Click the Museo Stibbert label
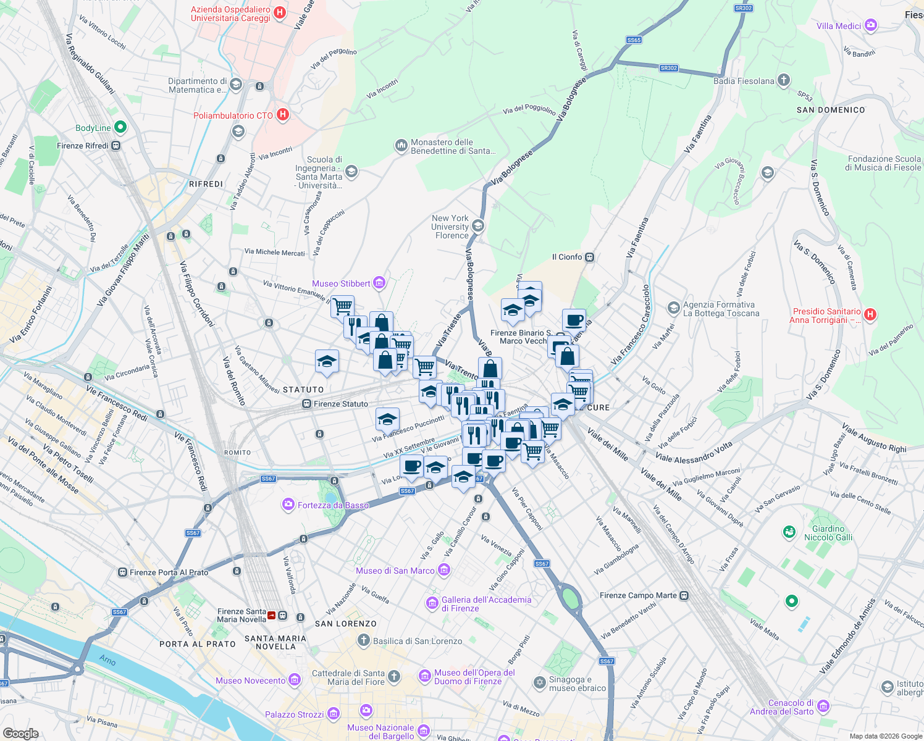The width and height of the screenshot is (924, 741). tap(341, 283)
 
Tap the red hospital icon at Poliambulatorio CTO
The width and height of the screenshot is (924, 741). tap(283, 115)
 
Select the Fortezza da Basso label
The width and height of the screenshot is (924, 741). tap(333, 505)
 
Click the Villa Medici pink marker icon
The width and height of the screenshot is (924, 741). tap(871, 25)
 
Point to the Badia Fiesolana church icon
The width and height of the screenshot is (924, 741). tap(784, 80)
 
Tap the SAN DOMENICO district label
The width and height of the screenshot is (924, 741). tap(831, 110)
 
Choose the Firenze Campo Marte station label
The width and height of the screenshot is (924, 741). tap(638, 595)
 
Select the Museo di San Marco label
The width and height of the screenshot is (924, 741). tap(395, 571)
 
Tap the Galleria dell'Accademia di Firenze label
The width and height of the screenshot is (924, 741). tap(486, 604)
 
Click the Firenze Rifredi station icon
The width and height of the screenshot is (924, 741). tap(116, 146)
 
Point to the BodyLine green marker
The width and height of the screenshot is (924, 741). tap(120, 127)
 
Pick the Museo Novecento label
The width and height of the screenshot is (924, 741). tap(250, 680)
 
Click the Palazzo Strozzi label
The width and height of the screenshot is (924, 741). tap(294, 714)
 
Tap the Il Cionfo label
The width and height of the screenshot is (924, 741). tap(566, 257)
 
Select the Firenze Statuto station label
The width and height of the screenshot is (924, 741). tap(340, 404)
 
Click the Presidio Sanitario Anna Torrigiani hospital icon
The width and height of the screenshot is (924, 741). tap(870, 314)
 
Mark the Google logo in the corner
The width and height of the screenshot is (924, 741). tap(21, 733)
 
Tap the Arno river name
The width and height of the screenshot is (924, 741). tap(107, 660)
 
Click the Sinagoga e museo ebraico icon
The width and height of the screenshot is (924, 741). tap(540, 682)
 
